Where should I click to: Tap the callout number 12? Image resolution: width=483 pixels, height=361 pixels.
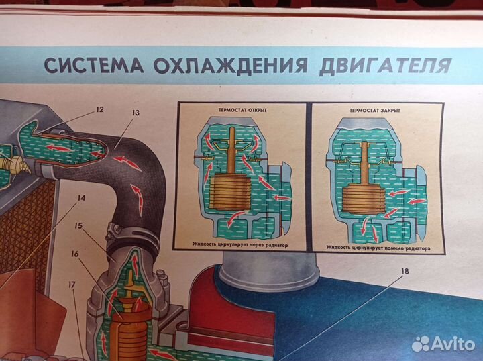coord(99,110)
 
